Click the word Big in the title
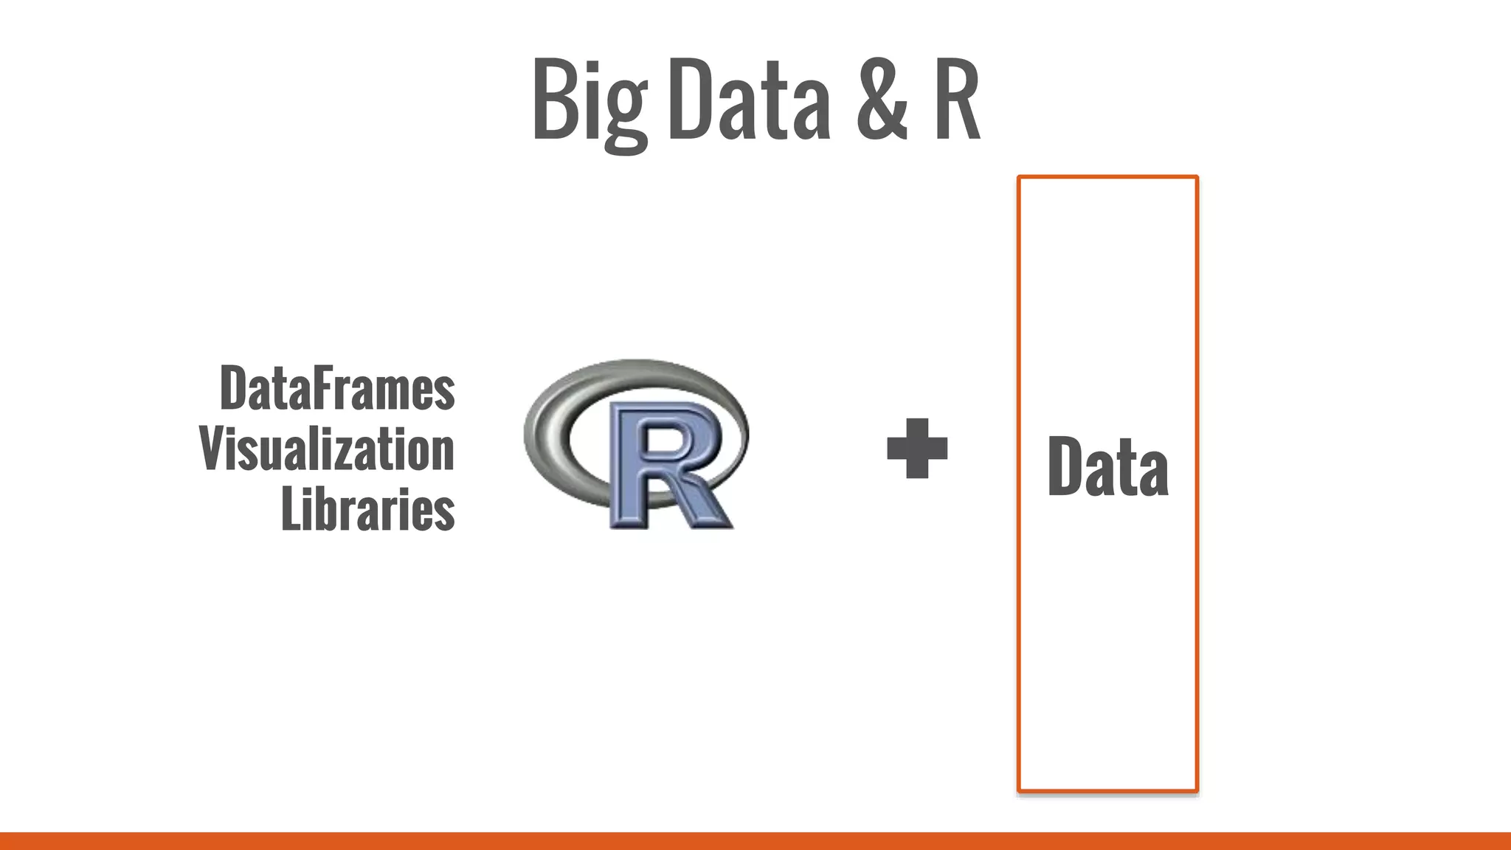[589, 101]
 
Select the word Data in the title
[749, 101]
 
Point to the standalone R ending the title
[957, 101]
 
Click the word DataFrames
[337, 388]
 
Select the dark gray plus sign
[917, 448]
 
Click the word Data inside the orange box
[1107, 466]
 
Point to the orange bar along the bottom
[755, 840]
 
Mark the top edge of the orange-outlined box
[1107, 178]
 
